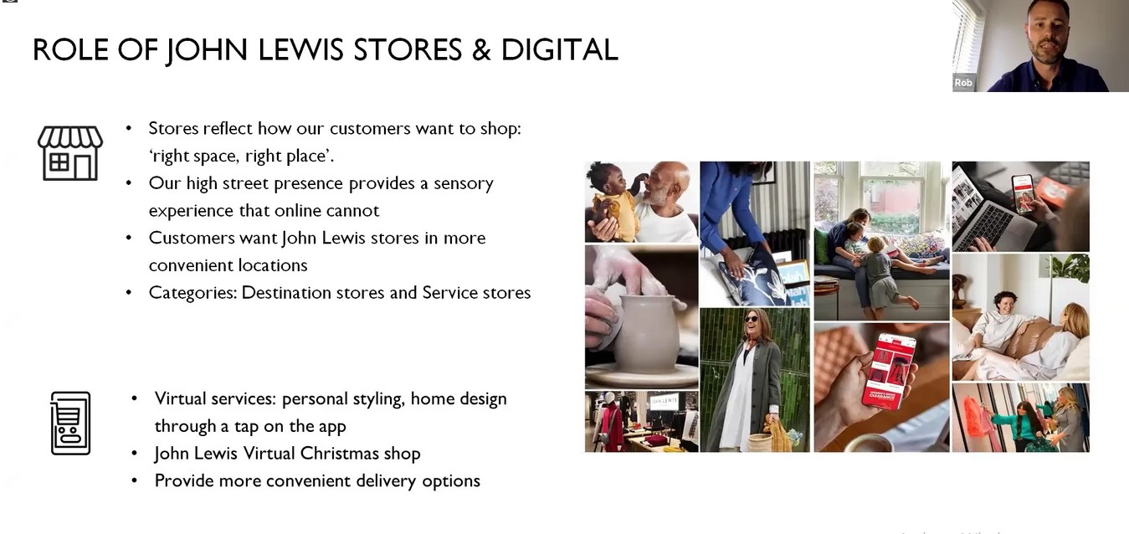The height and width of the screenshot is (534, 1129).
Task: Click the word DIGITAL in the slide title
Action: pyautogui.click(x=559, y=50)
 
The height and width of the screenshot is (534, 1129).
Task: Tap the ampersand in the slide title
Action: pyautogui.click(x=481, y=50)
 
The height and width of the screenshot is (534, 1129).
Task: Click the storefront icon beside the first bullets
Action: pyautogui.click(x=70, y=153)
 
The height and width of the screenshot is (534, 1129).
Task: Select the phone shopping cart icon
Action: pyautogui.click(x=70, y=423)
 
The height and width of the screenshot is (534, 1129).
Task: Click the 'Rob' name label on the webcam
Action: pyautogui.click(x=962, y=83)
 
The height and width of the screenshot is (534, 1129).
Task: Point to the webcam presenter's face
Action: pyautogui.click(x=1047, y=31)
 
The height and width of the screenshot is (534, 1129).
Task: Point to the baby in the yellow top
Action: pyautogui.click(x=610, y=201)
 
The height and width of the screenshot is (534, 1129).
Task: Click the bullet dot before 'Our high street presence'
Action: pyautogui.click(x=129, y=182)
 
